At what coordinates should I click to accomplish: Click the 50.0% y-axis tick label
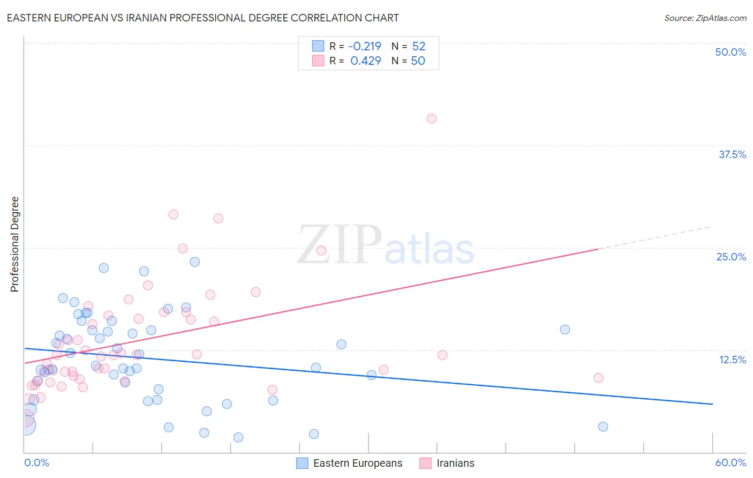pyautogui.click(x=731, y=52)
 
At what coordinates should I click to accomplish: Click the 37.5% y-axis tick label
pyautogui.click(x=732, y=154)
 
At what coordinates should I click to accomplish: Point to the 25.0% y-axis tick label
pyautogui.click(x=731, y=257)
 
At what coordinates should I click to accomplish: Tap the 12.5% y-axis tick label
pyautogui.click(x=732, y=360)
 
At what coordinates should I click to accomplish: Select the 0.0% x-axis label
pyautogui.click(x=36, y=462)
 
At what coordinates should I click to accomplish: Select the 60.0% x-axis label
pyautogui.click(x=731, y=462)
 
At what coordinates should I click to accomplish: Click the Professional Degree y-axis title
pyautogui.click(x=14, y=244)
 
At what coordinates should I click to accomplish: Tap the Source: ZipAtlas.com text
pyautogui.click(x=705, y=18)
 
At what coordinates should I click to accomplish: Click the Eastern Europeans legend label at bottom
pyautogui.click(x=357, y=463)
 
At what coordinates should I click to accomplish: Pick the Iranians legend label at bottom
pyautogui.click(x=455, y=463)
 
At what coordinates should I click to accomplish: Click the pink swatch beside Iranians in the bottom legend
pyautogui.click(x=425, y=463)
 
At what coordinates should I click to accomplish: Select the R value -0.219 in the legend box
pyautogui.click(x=365, y=46)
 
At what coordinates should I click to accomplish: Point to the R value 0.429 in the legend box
pyautogui.click(x=366, y=61)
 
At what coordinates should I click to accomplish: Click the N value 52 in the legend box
pyautogui.click(x=419, y=46)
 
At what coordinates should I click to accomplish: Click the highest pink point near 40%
pyautogui.click(x=432, y=118)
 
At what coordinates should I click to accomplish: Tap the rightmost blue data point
pyautogui.click(x=603, y=427)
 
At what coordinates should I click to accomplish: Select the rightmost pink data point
pyautogui.click(x=598, y=378)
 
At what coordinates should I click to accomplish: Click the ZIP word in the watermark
pyautogui.click(x=340, y=245)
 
